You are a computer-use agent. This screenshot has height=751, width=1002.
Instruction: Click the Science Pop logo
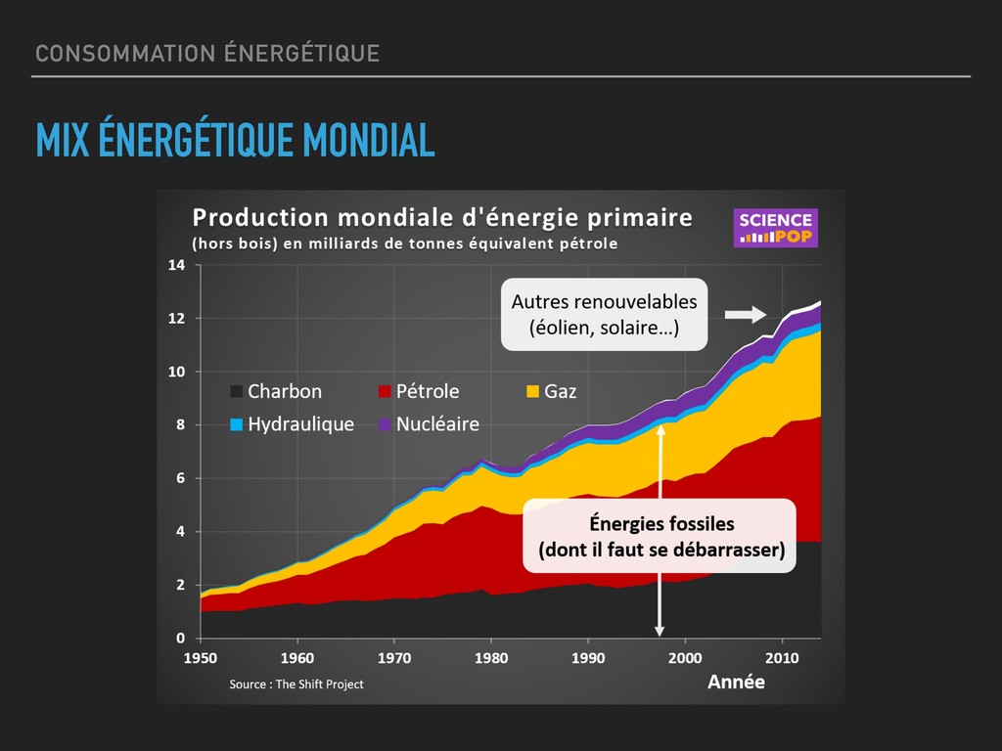pos(775,228)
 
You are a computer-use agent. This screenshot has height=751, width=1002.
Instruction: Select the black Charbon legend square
pos(237,392)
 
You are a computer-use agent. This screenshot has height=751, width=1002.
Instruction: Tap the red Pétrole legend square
pos(385,392)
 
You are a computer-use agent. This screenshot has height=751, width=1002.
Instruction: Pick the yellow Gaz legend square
pos(532,392)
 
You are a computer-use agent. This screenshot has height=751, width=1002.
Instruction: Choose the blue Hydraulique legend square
pos(237,425)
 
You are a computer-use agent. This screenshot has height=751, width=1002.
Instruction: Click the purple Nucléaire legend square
pos(385,425)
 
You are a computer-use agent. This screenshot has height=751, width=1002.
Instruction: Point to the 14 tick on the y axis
pos(177,265)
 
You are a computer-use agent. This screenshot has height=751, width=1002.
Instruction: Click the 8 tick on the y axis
pos(180,425)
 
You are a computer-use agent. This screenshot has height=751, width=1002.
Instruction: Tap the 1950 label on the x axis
pos(201,657)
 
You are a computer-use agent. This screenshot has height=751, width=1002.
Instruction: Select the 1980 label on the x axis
pos(491,657)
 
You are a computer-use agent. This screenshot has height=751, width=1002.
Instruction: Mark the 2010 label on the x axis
pos(782,657)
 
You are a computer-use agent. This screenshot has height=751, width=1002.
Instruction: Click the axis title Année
pos(736,683)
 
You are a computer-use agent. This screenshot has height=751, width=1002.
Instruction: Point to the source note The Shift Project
pos(296,685)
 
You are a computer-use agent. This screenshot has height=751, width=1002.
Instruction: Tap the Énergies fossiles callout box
pos(661,536)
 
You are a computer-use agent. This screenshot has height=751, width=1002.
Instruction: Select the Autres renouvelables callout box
pos(604,315)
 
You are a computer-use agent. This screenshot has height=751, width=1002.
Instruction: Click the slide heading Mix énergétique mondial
pos(235,141)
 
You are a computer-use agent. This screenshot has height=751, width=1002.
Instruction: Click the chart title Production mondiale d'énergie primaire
pos(441,217)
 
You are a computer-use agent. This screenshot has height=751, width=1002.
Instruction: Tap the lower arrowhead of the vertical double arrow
pos(660,630)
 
